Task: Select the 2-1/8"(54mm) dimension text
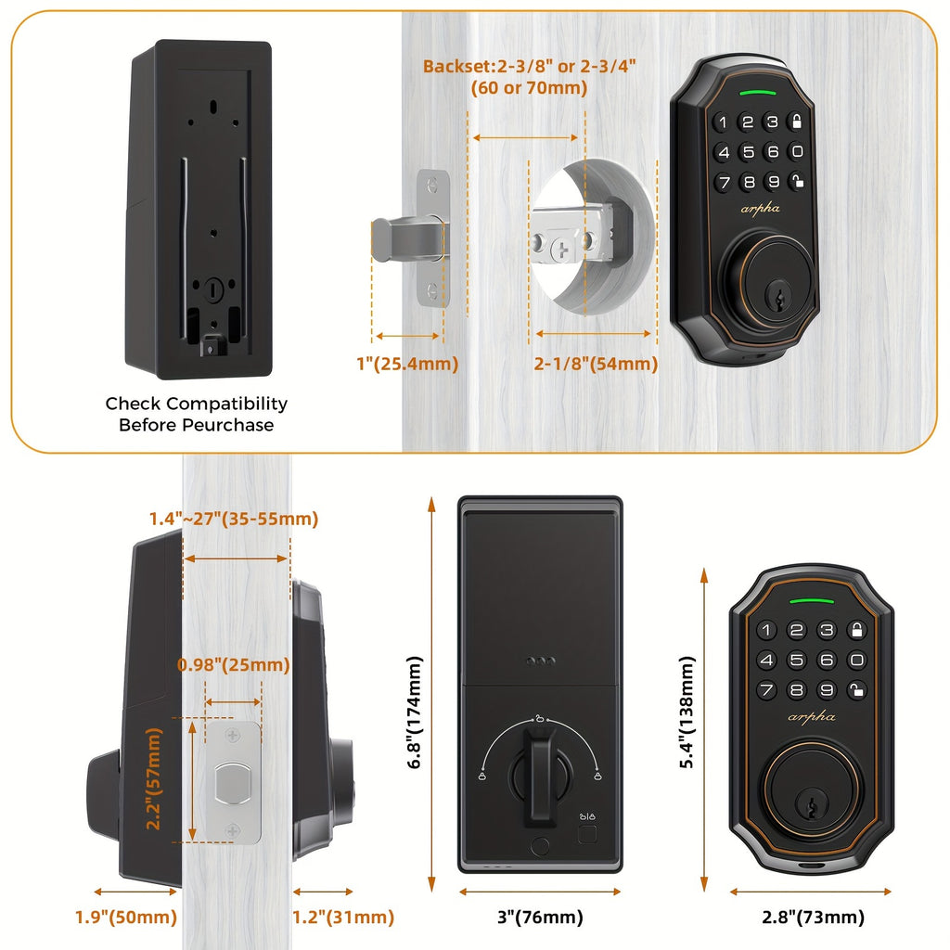point(595,365)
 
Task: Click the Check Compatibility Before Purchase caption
point(196,414)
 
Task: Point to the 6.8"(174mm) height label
point(415,712)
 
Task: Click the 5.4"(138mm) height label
point(687,712)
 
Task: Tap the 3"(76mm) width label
point(541,918)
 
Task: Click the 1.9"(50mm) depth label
point(125,918)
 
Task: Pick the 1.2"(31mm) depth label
point(344,918)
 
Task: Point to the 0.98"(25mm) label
point(233,665)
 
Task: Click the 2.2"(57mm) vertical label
point(154,778)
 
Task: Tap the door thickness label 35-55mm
point(234,520)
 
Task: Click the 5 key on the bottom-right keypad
point(796,661)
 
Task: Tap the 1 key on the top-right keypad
point(723,122)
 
